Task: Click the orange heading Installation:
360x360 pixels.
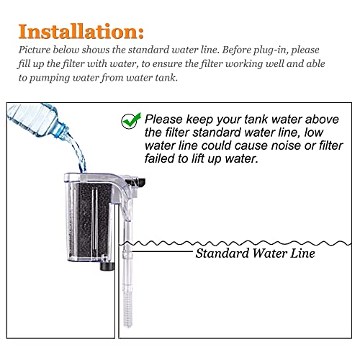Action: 81,32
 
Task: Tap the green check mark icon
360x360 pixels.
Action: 131,121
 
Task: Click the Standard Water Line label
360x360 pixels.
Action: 255,253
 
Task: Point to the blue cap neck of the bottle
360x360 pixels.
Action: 61,130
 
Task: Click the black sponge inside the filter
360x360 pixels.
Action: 94,221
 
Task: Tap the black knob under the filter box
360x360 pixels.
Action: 107,266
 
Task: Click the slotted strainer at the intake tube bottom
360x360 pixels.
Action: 127,310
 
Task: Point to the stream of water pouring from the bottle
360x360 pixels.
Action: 77,151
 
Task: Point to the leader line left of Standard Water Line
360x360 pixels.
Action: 162,251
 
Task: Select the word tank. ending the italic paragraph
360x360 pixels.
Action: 166,78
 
